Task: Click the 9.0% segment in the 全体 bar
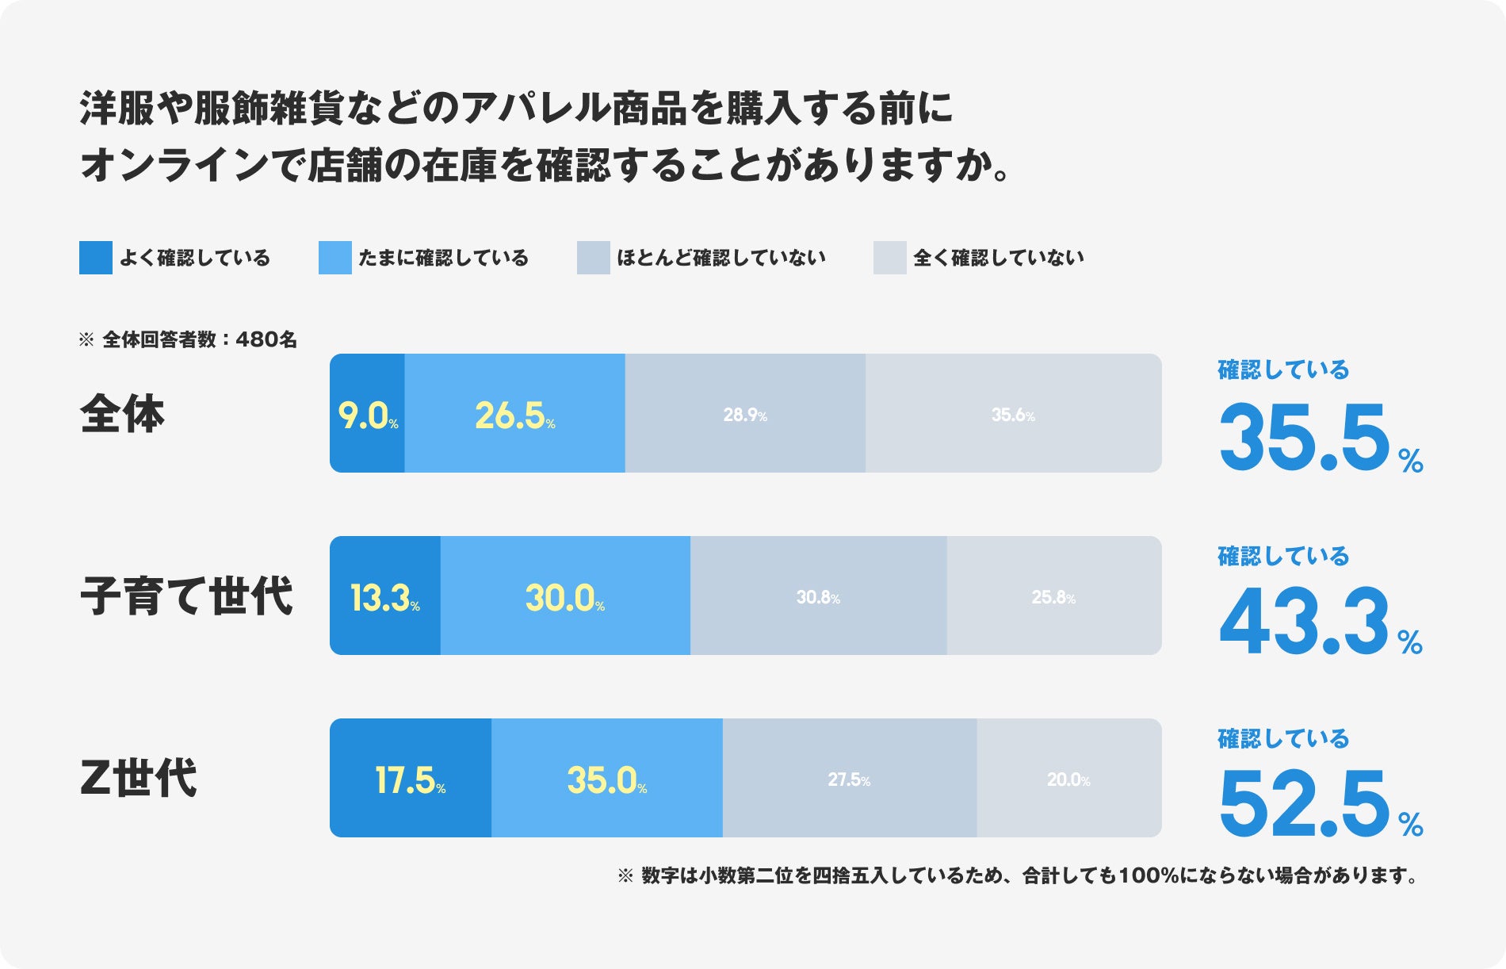(x=367, y=414)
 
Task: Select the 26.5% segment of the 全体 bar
(x=514, y=414)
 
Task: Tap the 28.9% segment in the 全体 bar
(x=745, y=414)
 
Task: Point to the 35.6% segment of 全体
(x=1013, y=414)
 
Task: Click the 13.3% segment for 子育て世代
(x=385, y=596)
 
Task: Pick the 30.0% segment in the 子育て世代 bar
(x=565, y=596)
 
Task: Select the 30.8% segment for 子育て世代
(x=818, y=596)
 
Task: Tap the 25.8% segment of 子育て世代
(x=1053, y=596)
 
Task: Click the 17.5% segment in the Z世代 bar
(x=411, y=779)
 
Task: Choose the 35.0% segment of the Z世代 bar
(x=607, y=779)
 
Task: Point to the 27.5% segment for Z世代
(x=849, y=779)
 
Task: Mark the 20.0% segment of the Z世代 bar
(x=1068, y=779)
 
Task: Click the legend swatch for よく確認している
(x=96, y=258)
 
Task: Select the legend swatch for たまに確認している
(x=335, y=258)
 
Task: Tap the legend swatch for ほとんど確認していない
(x=594, y=258)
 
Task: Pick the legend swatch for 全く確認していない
(x=890, y=258)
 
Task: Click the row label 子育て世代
(x=187, y=596)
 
